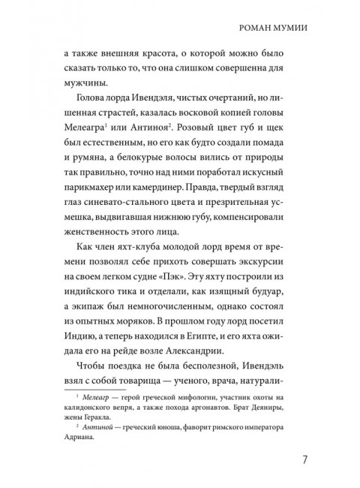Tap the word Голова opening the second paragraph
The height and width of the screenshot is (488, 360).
(x=91, y=124)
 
